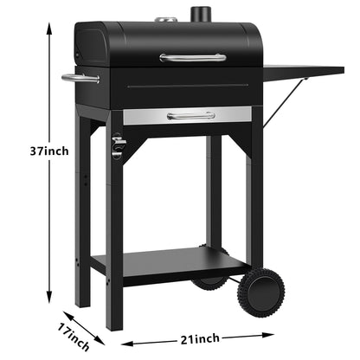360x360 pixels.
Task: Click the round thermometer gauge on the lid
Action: point(164,20)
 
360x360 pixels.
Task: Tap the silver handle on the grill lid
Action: point(193,58)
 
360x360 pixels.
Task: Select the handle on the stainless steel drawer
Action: point(191,115)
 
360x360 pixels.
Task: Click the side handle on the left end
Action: point(80,79)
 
